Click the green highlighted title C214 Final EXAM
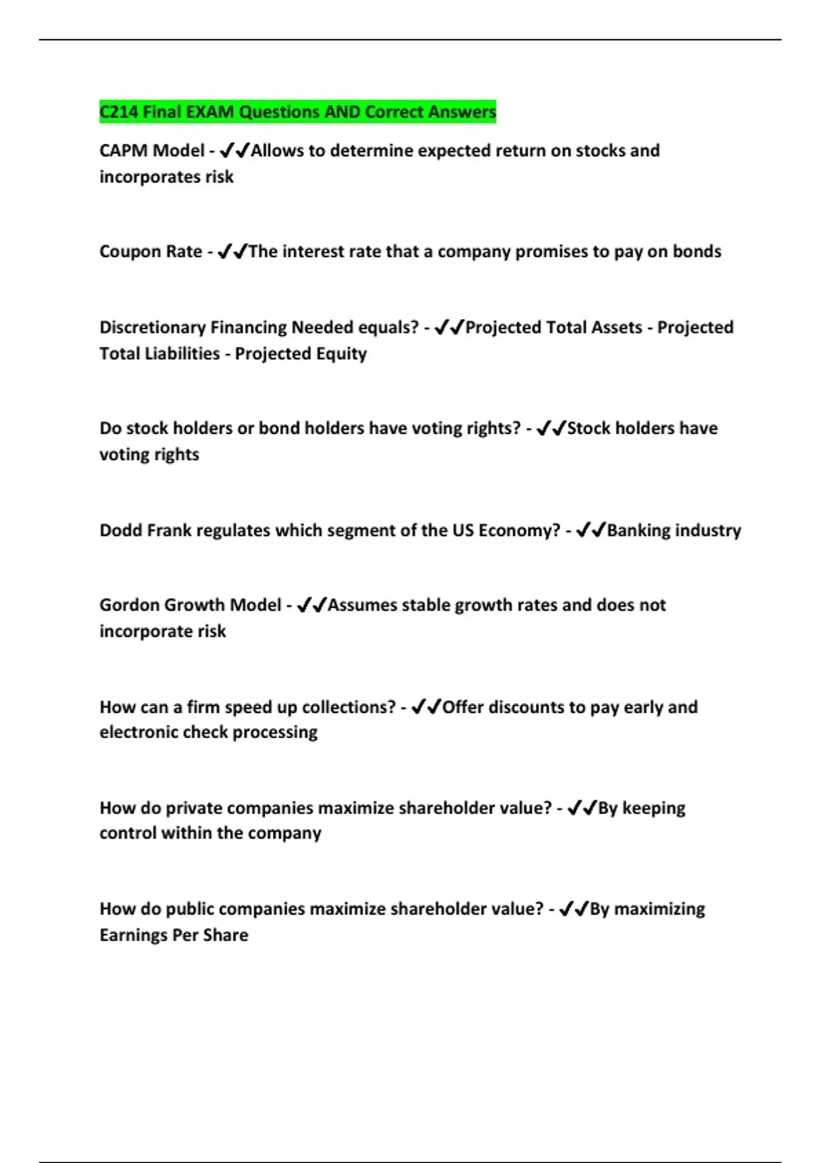[298, 112]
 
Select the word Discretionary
[153, 328]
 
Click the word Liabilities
[181, 354]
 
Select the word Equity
[341, 354]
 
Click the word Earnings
[132, 935]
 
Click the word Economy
[519, 531]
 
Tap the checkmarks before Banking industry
[590, 531]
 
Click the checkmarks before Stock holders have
[551, 429]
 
